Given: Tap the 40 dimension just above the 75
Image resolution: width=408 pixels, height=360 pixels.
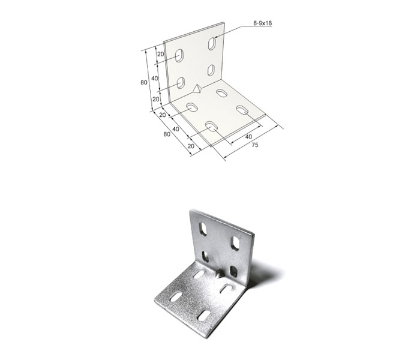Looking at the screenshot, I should coord(248,137).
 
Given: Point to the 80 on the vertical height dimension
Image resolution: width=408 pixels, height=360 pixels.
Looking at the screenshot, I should coord(144,82).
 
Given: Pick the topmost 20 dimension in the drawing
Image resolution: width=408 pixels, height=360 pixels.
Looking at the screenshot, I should coord(161,54).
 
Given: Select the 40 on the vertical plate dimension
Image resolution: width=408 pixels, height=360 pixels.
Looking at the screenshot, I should coord(155,79).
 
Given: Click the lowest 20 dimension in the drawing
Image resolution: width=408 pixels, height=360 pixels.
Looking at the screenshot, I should coord(191,146).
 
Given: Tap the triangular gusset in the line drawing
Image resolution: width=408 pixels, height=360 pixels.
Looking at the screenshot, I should coord(196,89).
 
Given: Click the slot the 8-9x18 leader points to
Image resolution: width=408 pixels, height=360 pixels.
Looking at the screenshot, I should coord(212,44).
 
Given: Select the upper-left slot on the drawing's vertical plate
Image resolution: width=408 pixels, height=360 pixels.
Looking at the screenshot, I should coord(179,56).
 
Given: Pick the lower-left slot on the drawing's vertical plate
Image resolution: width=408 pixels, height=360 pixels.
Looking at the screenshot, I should coord(181,83).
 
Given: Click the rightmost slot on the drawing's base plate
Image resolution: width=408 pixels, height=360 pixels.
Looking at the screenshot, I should coord(242,110).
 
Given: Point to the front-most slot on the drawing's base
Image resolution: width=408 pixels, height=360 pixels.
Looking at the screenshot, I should coord(212,125).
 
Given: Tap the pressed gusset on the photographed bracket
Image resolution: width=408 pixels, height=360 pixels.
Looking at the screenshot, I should coord(220,273).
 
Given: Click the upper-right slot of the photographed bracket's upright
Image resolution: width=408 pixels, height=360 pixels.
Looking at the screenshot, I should coord(236,242).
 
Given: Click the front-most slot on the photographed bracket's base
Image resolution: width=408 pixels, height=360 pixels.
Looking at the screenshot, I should coord(204,316).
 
